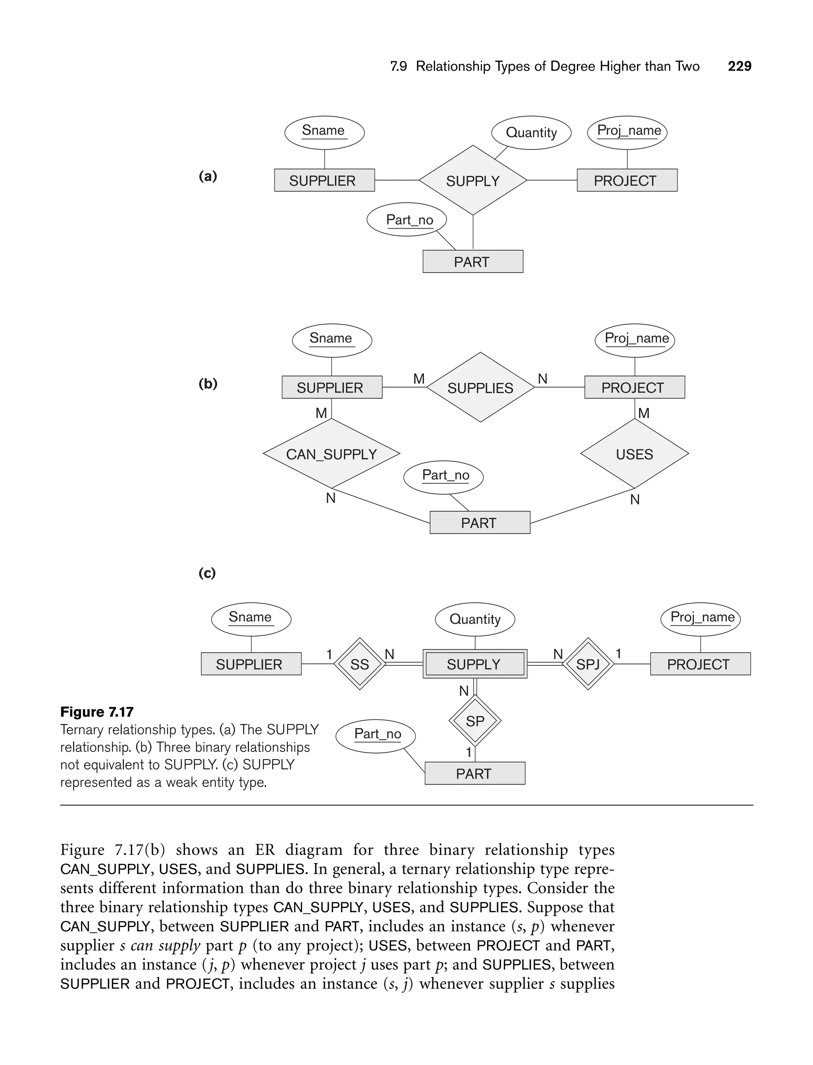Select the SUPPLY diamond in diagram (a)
[x=472, y=181]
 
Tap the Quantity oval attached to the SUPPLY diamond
[x=531, y=133]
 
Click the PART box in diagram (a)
[x=472, y=261]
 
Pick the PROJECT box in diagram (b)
[x=634, y=387]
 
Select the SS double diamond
[x=360, y=664]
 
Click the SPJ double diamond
[x=588, y=664]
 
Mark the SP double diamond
[x=475, y=721]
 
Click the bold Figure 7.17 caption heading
[x=97, y=712]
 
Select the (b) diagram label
[x=208, y=384]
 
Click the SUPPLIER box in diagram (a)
[x=324, y=181]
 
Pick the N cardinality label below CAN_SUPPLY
[x=331, y=498]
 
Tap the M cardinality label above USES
[x=643, y=413]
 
